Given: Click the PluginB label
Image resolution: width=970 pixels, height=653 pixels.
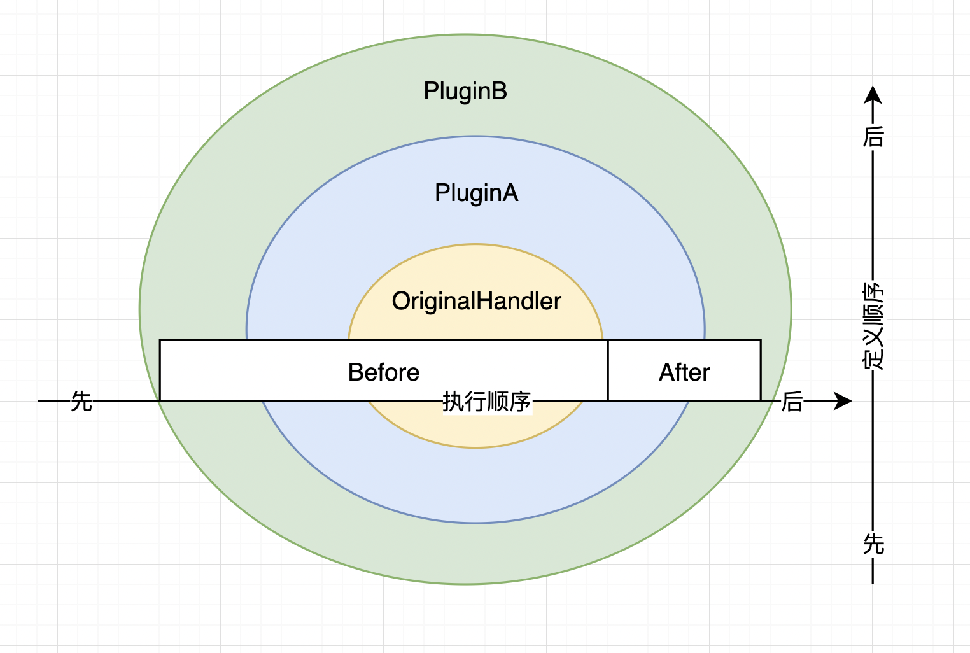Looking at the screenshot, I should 465,92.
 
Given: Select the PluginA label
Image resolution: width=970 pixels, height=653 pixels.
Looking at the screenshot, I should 476,193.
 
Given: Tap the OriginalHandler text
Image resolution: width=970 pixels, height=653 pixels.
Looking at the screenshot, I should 476,301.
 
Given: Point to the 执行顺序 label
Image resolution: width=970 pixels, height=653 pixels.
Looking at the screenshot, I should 487,402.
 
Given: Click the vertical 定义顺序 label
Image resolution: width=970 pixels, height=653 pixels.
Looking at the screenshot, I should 873,326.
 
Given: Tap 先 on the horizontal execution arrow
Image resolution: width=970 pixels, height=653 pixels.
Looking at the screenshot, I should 81,402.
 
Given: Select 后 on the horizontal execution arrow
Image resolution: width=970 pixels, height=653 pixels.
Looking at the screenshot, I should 792,402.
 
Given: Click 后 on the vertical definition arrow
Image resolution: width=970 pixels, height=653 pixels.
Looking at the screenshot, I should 873,136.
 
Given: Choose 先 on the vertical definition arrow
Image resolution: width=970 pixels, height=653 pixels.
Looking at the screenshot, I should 873,544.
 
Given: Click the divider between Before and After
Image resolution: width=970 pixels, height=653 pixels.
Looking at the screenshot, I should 608,370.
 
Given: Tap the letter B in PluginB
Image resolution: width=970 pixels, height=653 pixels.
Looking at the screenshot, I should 500,91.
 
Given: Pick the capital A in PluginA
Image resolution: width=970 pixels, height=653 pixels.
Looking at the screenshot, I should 510,193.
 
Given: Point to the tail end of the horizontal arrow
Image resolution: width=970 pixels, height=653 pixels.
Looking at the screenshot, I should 39,401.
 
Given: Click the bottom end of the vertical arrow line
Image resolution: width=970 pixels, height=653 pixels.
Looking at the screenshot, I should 873,582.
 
